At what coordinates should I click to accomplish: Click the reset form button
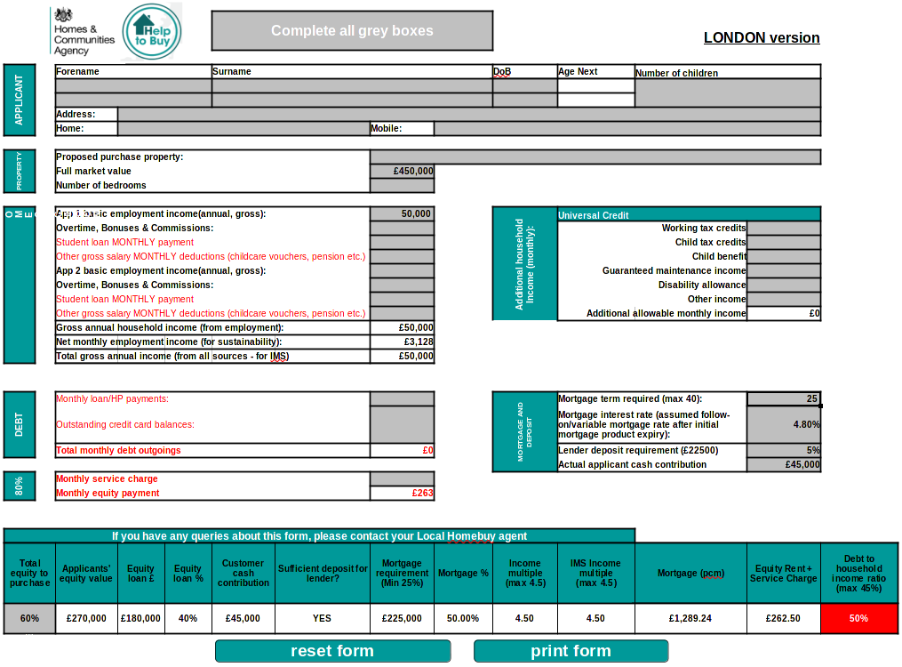point(332,651)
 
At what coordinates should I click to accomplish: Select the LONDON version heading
point(762,37)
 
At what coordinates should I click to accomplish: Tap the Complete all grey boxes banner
point(352,30)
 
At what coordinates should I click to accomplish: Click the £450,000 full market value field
point(403,171)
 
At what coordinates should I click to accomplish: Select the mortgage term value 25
point(783,398)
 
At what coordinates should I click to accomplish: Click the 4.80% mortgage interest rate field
point(783,424)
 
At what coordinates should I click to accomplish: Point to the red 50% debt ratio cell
point(858,618)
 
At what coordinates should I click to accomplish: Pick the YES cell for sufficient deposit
point(322,618)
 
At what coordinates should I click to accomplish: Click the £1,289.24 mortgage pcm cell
point(690,618)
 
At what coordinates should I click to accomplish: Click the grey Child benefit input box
point(784,256)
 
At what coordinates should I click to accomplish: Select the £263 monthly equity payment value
point(403,493)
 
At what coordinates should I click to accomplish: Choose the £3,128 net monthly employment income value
point(403,342)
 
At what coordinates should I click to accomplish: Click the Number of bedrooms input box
point(403,185)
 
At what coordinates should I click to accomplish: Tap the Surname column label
point(232,71)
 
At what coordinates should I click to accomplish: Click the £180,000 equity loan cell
point(141,618)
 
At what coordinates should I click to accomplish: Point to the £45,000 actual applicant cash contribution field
point(783,464)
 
